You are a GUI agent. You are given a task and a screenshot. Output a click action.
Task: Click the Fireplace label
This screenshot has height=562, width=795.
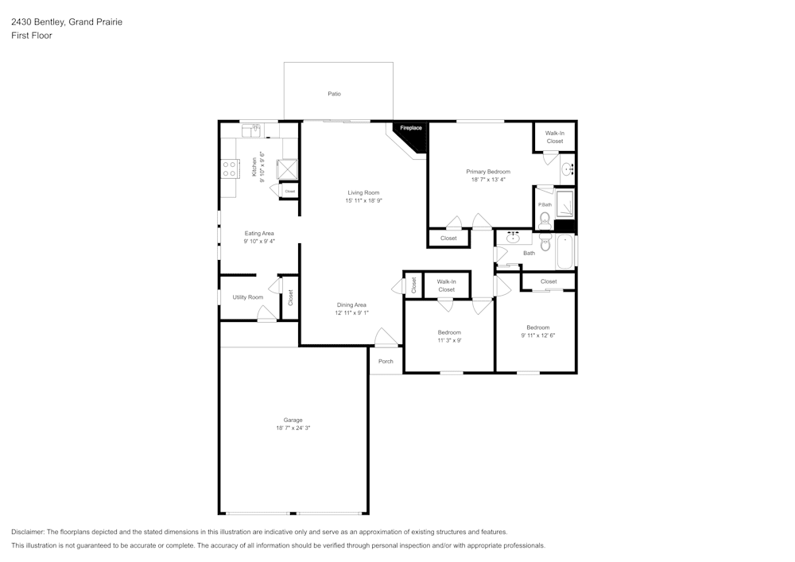410,128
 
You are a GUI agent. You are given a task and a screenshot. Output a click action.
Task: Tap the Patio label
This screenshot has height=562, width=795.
335,94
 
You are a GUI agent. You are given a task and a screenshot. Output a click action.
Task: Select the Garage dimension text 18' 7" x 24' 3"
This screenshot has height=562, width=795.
293,428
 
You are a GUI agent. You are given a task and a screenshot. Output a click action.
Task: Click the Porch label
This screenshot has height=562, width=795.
386,361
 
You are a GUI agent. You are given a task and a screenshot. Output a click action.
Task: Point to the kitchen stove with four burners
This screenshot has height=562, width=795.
230,169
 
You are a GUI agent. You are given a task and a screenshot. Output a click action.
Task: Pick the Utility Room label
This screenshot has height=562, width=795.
247,297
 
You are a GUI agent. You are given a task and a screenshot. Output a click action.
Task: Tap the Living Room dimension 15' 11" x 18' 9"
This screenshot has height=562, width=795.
364,201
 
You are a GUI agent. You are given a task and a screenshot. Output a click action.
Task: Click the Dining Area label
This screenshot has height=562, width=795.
351,304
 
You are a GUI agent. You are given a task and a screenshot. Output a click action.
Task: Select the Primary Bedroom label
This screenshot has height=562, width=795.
488,172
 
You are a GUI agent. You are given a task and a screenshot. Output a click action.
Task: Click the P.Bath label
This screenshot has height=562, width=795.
545,205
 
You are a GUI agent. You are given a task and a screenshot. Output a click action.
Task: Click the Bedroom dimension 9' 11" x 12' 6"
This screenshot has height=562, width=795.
537,335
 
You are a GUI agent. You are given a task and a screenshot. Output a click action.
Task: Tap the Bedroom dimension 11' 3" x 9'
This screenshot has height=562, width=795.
449,340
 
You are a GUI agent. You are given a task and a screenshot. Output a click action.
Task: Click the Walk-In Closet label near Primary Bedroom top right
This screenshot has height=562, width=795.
555,137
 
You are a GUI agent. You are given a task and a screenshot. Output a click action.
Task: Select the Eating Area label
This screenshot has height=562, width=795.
259,233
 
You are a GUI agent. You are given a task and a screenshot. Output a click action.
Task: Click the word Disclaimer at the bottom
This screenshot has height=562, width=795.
29,532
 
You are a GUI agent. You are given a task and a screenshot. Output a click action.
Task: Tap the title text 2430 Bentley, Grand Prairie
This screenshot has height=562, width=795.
66,22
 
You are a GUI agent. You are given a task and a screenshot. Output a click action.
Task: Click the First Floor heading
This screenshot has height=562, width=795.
32,36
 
